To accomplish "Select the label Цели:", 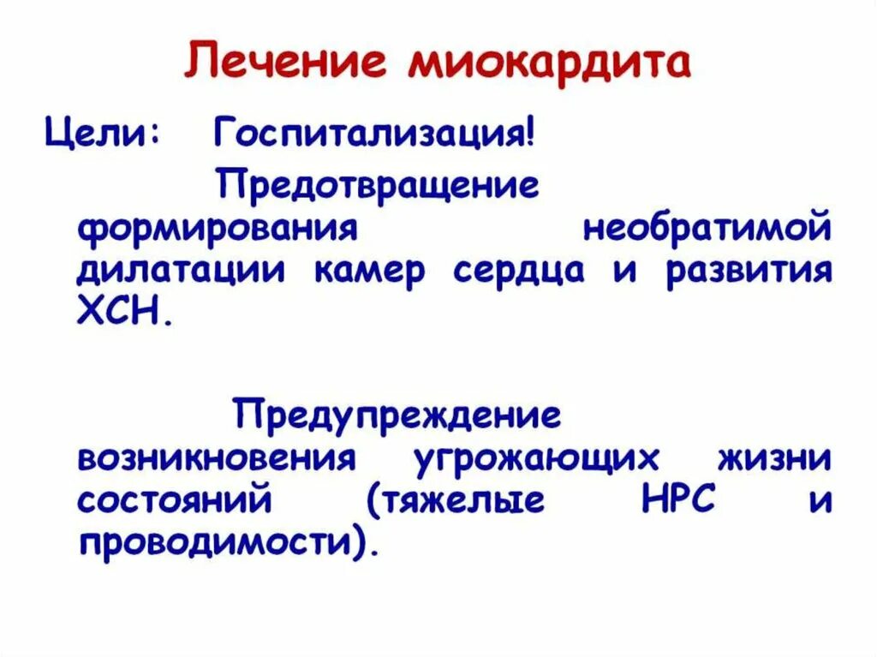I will point(95,134).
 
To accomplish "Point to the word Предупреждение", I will point(398,415).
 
